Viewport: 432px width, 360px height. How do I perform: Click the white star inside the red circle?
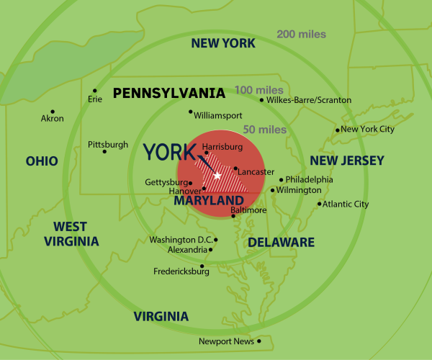217,175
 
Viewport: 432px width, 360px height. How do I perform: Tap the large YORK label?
169,153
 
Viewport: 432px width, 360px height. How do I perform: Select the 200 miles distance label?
302,34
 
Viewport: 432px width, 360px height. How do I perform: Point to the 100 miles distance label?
258,90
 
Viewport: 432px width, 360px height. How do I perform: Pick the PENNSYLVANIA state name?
168,93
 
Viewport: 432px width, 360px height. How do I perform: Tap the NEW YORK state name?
222,43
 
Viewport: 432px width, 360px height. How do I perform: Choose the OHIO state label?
42,161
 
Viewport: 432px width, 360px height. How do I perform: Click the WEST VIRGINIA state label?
71,234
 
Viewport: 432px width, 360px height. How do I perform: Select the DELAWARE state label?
282,242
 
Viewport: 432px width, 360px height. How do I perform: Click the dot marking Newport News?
258,341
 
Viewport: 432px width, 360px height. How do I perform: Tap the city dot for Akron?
53,111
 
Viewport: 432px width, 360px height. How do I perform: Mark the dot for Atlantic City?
320,204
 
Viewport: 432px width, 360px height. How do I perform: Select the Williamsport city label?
218,115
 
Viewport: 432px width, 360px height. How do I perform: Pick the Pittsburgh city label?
108,145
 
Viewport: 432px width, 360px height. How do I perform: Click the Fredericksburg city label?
181,271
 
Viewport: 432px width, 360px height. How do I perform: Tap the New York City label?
367,129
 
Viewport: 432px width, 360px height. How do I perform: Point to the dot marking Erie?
95,91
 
